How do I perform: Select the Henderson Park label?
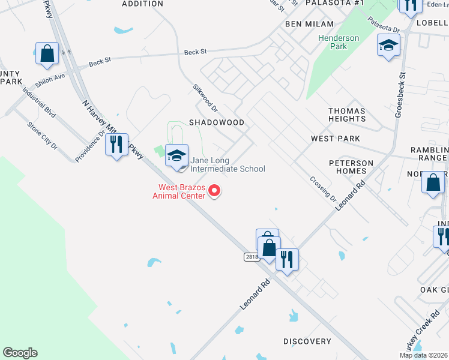(339, 42)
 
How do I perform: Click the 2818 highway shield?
(252, 257)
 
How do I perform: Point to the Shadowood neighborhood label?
(217, 122)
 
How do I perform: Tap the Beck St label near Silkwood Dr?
(195, 52)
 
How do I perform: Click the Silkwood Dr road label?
(205, 97)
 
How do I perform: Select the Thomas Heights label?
(347, 115)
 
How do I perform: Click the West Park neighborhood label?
(336, 139)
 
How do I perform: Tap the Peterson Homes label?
(351, 167)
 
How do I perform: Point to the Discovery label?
(307, 341)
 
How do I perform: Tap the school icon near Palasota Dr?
(388, 45)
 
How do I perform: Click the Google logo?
(20, 353)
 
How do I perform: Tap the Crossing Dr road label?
(323, 188)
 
